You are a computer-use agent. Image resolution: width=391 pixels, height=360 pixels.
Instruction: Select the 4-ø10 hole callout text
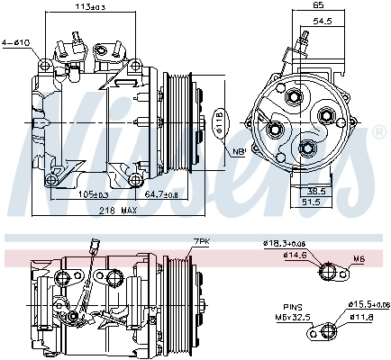click(17, 41)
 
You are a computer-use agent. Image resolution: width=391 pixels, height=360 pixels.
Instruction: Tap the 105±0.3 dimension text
click(92, 193)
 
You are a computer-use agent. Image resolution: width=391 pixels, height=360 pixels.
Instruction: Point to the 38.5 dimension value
click(314, 191)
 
